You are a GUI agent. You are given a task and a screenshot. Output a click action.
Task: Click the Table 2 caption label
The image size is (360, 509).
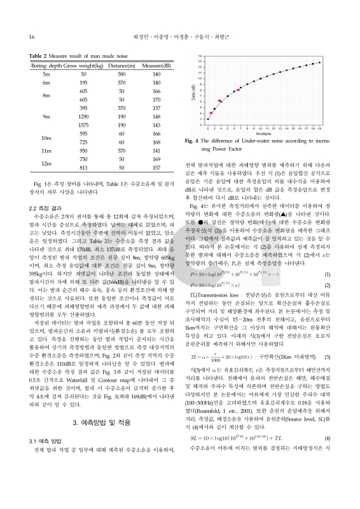(41, 56)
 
